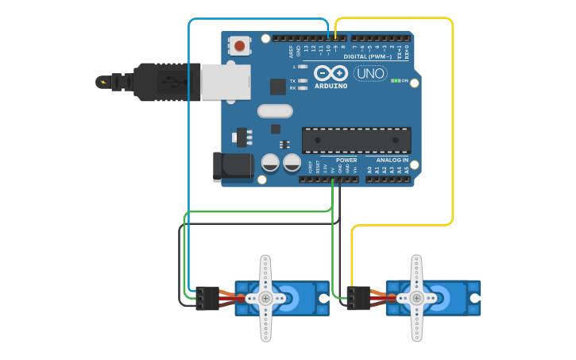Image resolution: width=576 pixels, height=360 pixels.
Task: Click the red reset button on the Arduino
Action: tap(239, 45)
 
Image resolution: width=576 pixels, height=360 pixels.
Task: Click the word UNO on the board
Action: tap(370, 74)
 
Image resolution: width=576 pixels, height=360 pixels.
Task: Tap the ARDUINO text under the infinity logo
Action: tap(331, 86)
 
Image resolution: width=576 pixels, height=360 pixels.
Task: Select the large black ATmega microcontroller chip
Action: tap(356, 140)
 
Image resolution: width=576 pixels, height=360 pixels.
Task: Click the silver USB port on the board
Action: tap(225, 81)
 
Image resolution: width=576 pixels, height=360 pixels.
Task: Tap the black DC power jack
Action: tap(231, 166)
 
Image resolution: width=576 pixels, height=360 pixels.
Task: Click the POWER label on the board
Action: tap(346, 160)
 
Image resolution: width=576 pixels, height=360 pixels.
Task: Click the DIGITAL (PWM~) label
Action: tap(369, 56)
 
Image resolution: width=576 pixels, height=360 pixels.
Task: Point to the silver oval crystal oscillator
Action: tap(275, 111)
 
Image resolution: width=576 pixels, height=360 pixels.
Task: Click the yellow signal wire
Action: tap(452, 119)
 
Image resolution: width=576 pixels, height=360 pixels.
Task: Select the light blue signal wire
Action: tap(189, 159)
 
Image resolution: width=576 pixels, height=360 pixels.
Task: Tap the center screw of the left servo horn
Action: tap(265, 298)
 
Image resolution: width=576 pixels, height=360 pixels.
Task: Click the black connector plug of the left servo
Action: tap(207, 298)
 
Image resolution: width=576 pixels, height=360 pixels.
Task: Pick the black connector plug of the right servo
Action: tap(358, 298)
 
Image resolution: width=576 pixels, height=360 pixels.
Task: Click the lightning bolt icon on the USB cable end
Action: tap(102, 81)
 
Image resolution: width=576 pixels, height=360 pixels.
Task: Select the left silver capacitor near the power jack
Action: tap(270, 163)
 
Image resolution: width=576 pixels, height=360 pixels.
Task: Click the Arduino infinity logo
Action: tap(331, 72)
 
